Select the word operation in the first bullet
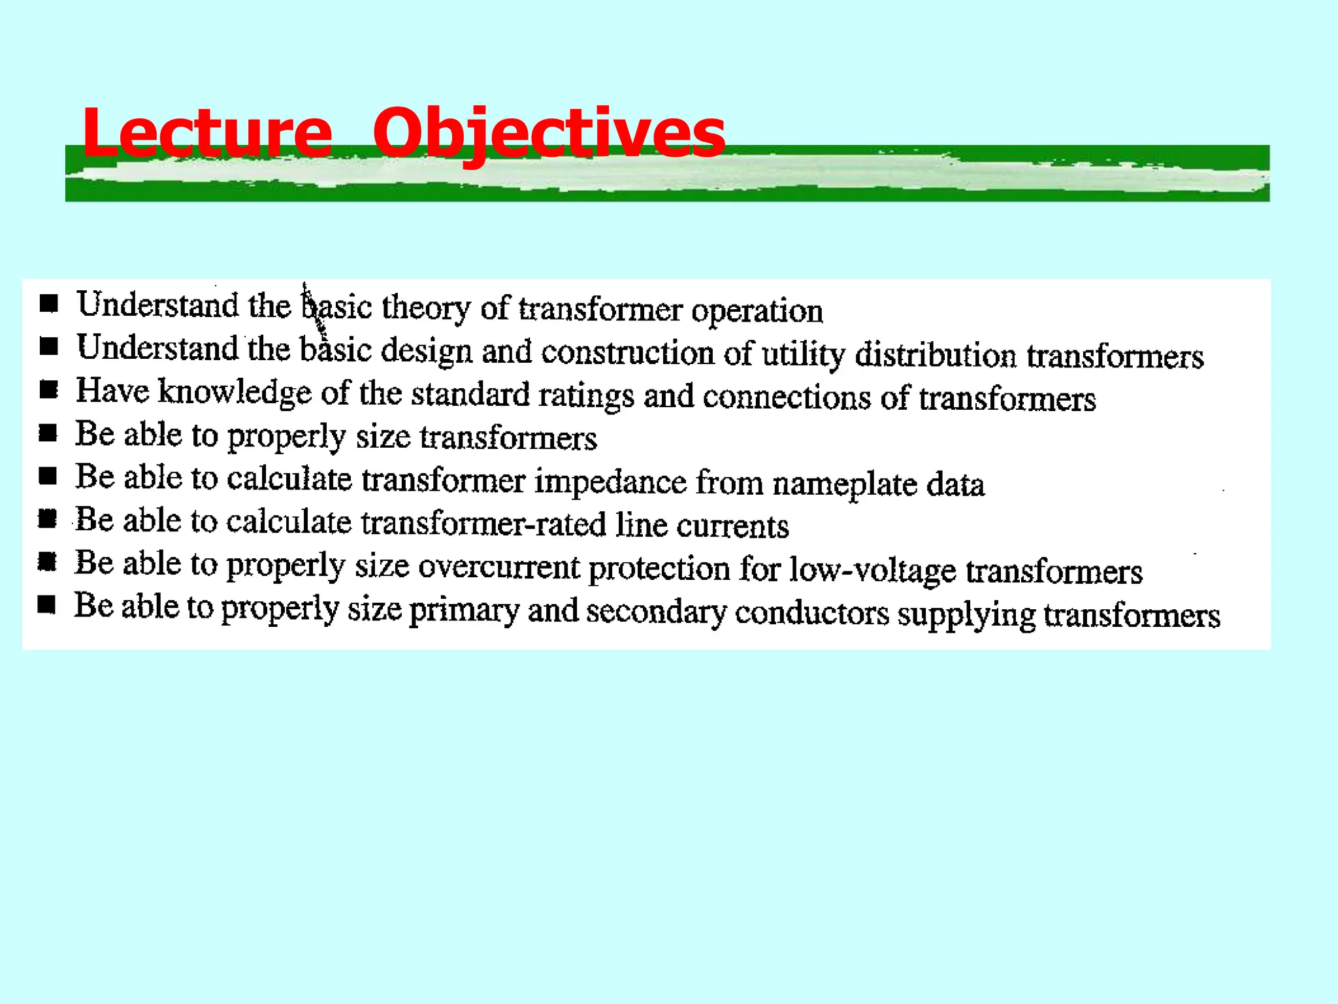757,311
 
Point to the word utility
804,354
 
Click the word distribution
936,356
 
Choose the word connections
787,397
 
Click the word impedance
611,482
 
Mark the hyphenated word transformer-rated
483,523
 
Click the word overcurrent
498,567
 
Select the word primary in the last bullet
463,611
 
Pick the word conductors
811,613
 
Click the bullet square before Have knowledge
49,390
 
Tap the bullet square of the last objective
47,605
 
